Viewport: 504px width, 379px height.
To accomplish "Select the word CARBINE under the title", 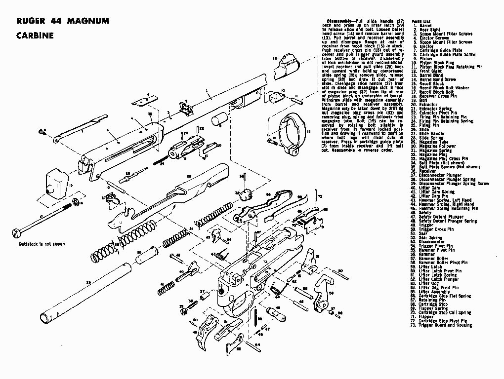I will (35, 36).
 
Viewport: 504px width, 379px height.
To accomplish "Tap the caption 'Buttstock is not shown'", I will (42, 243).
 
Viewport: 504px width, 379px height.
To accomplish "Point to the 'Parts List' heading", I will (420, 22).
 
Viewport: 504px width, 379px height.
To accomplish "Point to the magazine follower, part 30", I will (147, 256).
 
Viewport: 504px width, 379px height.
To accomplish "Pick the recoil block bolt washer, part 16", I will (77, 202).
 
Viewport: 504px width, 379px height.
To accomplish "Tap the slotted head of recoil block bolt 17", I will (18, 231).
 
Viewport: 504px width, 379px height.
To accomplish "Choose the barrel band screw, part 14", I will (272, 142).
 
